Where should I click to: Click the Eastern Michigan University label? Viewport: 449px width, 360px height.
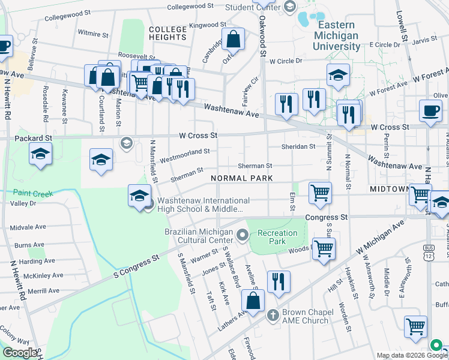pos(329,35)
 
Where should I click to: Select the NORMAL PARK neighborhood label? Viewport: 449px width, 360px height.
pos(241,179)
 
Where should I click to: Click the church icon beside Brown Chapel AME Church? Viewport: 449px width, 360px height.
pos(272,314)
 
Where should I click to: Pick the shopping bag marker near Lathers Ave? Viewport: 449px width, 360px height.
pos(253,301)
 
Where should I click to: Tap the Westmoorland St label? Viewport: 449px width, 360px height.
pos(184,155)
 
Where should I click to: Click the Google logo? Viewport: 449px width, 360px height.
pos(20,352)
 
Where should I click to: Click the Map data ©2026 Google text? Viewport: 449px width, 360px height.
pos(406,355)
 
